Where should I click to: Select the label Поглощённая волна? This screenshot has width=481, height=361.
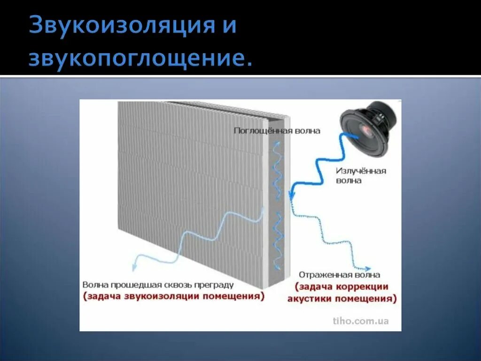click(277, 131)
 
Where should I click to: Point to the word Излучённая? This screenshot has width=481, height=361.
click(361, 171)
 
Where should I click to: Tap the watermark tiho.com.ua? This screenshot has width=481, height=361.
click(361, 321)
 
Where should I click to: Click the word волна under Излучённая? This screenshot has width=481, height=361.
click(349, 180)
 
